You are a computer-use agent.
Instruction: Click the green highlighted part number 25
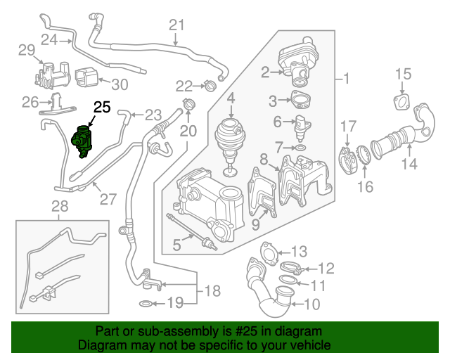(83, 141)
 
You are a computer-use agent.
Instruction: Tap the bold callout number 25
(103, 108)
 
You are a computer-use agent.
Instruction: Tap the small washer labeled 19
(143, 304)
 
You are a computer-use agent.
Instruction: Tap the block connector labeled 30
(86, 75)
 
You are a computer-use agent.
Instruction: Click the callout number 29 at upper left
(26, 49)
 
